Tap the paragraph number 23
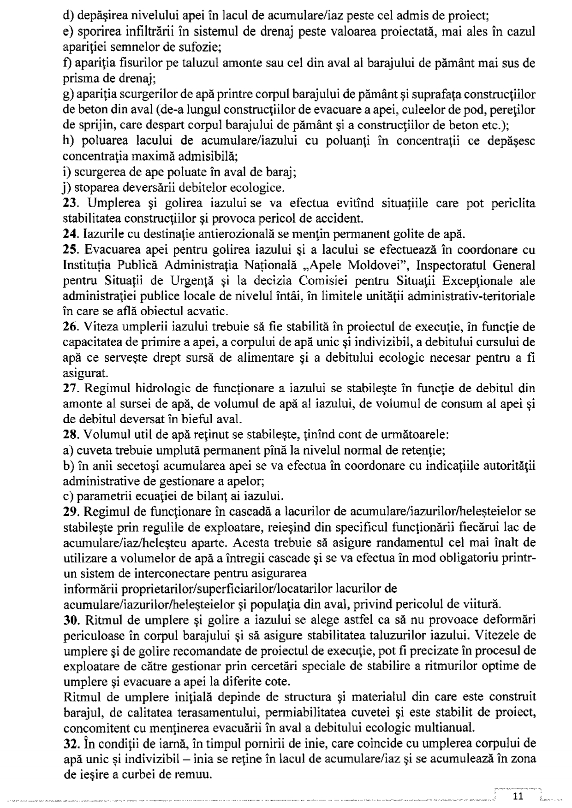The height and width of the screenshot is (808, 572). [69, 203]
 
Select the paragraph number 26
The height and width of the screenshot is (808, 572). [69, 327]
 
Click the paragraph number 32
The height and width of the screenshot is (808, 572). [69, 743]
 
